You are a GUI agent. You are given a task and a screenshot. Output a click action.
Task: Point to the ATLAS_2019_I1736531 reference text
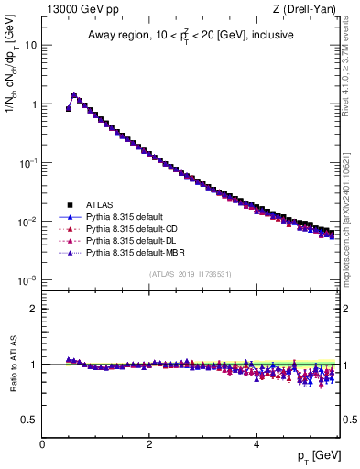[x=191, y=274]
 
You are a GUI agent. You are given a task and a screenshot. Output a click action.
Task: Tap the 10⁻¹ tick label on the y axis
[x=28, y=161]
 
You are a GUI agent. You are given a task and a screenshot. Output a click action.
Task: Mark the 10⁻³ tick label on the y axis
[x=28, y=279]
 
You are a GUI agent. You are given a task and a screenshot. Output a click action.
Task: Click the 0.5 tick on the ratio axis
[x=30, y=420]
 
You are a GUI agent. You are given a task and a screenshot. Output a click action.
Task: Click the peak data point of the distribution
[x=74, y=94]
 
